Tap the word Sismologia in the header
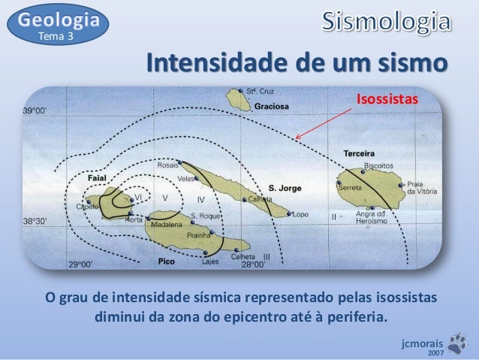click(388, 23)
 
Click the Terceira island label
click(359, 153)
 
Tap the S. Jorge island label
click(285, 188)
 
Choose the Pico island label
click(166, 262)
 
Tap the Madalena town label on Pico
click(166, 225)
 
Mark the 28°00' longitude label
click(252, 265)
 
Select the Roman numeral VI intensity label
click(138, 197)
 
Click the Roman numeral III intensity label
click(266, 256)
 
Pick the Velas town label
click(186, 179)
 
